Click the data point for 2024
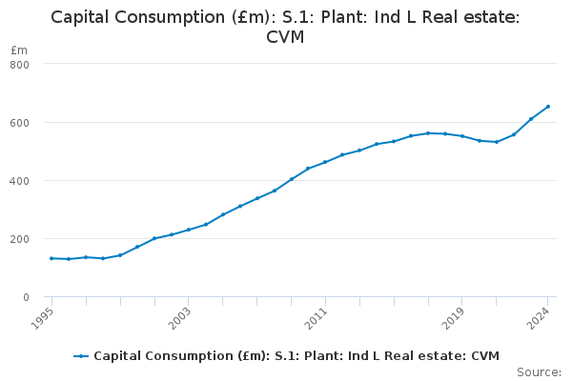click(548, 107)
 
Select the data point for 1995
click(51, 258)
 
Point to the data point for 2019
click(462, 136)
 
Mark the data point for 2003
click(189, 230)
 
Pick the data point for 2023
click(531, 119)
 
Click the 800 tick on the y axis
click(20, 64)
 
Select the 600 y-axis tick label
click(20, 122)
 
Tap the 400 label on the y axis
click(20, 181)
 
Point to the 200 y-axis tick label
click(20, 239)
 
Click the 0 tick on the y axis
click(26, 297)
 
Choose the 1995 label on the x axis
click(44, 316)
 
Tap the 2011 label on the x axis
click(317, 316)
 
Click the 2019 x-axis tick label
click(455, 316)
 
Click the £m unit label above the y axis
click(19, 50)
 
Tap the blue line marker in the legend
click(81, 356)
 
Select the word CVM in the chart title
click(285, 37)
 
